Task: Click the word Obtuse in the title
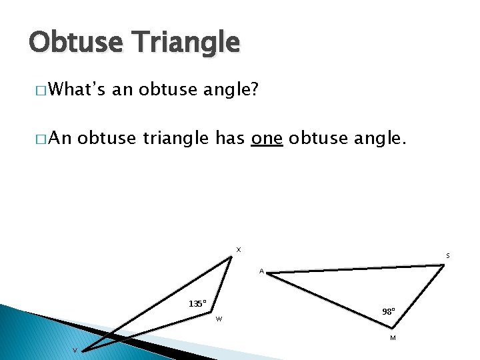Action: [x=74, y=42]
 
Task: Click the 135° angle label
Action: [x=197, y=303]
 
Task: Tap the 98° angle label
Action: [x=389, y=311]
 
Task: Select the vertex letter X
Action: [x=238, y=250]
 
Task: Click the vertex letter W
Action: [x=219, y=319]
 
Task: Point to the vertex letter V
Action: [x=75, y=351]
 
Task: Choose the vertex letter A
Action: [x=261, y=271]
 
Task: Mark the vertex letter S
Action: [x=447, y=256]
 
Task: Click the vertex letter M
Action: [x=393, y=338]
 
